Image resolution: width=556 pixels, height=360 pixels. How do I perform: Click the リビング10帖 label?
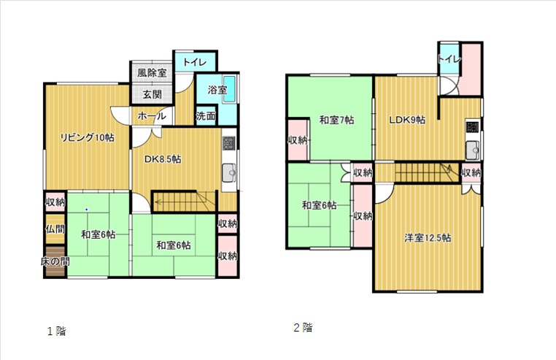pyautogui.click(x=87, y=137)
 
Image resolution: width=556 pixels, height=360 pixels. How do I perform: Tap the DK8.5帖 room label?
pyautogui.click(x=163, y=159)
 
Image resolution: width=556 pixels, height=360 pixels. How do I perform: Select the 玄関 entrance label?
pyautogui.click(x=152, y=94)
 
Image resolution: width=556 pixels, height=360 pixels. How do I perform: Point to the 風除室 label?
pyautogui.click(x=152, y=73)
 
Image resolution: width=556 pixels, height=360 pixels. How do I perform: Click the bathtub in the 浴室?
pyautogui.click(x=229, y=90)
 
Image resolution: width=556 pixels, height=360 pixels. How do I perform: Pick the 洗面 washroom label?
pyautogui.click(x=206, y=115)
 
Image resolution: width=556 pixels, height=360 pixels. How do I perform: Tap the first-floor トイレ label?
pyautogui.click(x=195, y=63)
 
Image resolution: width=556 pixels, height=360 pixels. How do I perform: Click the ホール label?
pyautogui.click(x=152, y=115)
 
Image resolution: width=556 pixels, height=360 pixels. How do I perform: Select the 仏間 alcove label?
pyautogui.click(x=55, y=229)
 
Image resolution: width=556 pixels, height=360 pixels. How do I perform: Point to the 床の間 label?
pyautogui.click(x=55, y=261)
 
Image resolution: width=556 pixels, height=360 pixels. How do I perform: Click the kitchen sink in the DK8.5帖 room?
pyautogui.click(x=228, y=173)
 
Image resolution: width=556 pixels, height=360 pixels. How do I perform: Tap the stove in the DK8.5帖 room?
pyautogui.click(x=228, y=143)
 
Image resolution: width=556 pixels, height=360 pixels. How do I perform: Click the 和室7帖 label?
pyautogui.click(x=337, y=120)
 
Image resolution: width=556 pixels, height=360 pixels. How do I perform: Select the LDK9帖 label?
pyautogui.click(x=407, y=120)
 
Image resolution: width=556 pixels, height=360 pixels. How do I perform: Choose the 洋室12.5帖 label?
pyautogui.click(x=428, y=237)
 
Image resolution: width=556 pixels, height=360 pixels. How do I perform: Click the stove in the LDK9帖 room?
pyautogui.click(x=472, y=127)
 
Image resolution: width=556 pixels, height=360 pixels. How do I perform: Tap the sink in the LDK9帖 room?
pyautogui.click(x=472, y=150)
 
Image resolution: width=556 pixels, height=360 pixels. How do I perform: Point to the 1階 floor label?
pyautogui.click(x=57, y=332)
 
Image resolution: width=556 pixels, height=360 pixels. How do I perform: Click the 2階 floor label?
pyautogui.click(x=304, y=327)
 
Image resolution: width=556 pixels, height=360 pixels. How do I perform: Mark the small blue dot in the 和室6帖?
pyautogui.click(x=86, y=210)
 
